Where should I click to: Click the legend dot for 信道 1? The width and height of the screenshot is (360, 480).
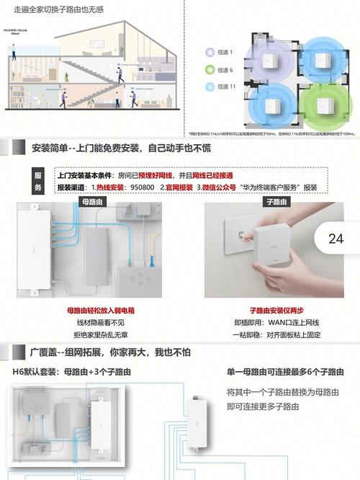210,52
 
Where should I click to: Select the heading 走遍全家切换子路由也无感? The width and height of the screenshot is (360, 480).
63,11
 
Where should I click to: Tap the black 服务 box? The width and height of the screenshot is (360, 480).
39,181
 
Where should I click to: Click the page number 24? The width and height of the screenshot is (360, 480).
336,239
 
